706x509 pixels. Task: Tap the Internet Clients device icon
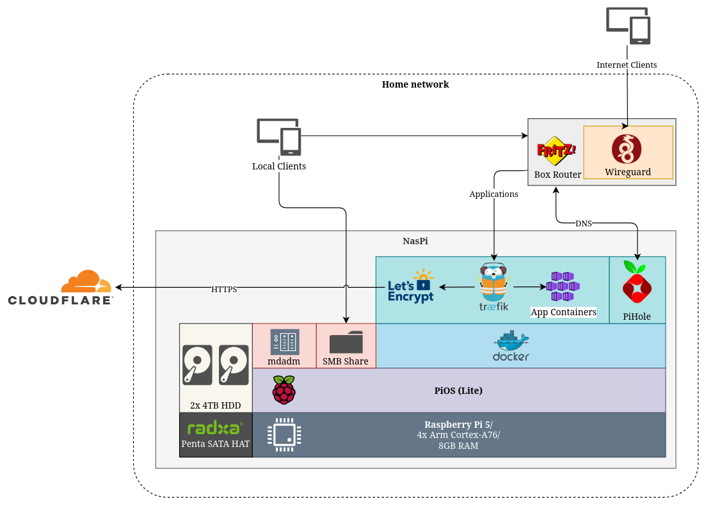click(x=629, y=26)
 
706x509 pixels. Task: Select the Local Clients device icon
click(x=279, y=136)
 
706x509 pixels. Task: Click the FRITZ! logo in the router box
click(x=556, y=151)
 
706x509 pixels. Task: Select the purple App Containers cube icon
click(x=563, y=286)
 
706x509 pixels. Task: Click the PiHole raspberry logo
click(x=637, y=282)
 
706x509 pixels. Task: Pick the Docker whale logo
click(x=511, y=346)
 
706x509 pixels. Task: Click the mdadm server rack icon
click(x=284, y=342)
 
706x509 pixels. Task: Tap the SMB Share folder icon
click(x=346, y=342)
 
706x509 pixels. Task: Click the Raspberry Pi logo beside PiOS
click(x=284, y=390)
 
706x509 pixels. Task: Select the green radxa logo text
click(x=215, y=428)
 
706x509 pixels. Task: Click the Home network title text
click(x=415, y=84)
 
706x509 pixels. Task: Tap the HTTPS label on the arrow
click(x=224, y=289)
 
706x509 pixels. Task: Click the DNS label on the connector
click(x=584, y=223)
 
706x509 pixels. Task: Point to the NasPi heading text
click(x=415, y=241)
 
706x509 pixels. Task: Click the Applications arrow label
click(x=493, y=194)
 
